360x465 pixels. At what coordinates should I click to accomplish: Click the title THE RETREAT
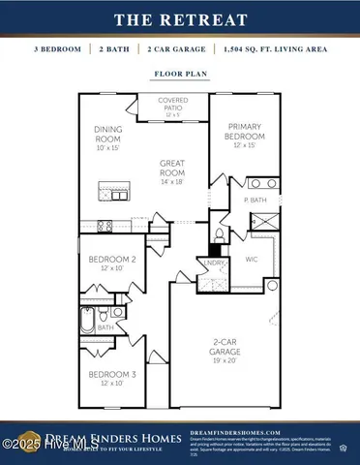[x=179, y=18]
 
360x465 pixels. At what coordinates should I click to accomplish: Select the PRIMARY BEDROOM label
[x=245, y=132]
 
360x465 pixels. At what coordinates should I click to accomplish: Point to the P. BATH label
[x=255, y=200]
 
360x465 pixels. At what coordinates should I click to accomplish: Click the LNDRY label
[x=213, y=262]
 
